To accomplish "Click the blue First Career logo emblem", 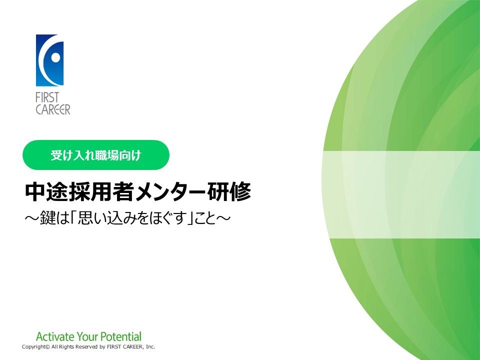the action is coord(49,60).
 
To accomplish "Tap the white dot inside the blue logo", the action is coord(55,57).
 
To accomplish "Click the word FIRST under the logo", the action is coord(47,98).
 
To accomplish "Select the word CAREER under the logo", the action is coord(53,109).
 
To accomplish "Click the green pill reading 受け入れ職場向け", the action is coord(96,155).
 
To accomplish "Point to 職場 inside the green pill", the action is coord(107,155).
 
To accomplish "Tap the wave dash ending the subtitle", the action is coord(223,218).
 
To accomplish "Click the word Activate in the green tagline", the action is coord(55,336).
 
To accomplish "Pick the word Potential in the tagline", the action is coord(121,336).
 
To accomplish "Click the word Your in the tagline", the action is coord(87,336).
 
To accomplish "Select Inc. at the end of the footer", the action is coord(150,346).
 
